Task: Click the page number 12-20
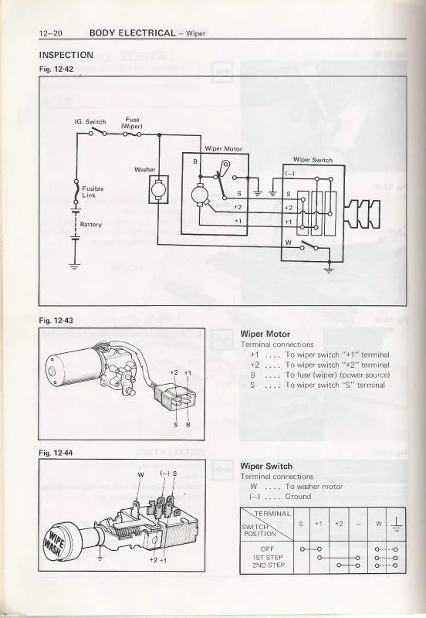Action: pos(52,33)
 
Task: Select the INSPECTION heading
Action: pos(66,55)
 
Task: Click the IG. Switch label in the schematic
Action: pos(90,121)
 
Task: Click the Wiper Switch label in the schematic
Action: pos(313,160)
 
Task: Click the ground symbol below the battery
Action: pos(74,267)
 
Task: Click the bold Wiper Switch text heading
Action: pos(266,467)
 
